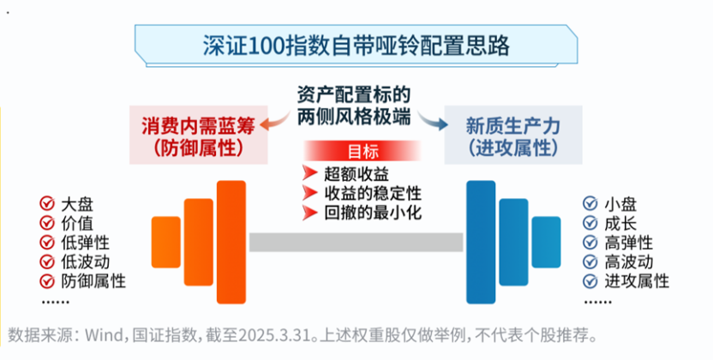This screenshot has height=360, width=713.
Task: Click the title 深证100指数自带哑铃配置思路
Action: click(x=356, y=45)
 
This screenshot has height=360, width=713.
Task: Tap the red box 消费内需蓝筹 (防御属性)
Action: click(x=198, y=135)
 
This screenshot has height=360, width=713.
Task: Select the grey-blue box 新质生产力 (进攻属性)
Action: click(x=513, y=135)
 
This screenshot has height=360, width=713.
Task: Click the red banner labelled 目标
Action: click(x=362, y=152)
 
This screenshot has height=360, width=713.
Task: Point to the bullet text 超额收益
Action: click(x=356, y=174)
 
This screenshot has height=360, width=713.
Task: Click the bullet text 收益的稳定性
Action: click(x=373, y=193)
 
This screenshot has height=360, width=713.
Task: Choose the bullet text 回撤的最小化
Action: click(x=373, y=213)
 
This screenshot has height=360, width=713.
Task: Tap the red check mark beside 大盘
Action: click(x=47, y=204)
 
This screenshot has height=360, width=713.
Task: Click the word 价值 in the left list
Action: click(x=77, y=223)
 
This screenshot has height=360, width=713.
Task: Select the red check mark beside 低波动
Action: click(x=47, y=261)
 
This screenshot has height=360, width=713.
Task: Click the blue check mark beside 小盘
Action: click(x=590, y=204)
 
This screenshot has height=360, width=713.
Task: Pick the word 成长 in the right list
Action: click(x=620, y=223)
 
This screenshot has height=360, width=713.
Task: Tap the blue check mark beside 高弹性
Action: click(x=590, y=243)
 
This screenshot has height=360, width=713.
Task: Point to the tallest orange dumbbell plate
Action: click(x=231, y=243)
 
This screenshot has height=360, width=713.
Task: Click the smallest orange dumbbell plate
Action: click(x=166, y=243)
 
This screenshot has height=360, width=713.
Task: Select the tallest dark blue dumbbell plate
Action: click(x=481, y=243)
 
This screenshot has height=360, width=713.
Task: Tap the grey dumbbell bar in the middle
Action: click(x=356, y=243)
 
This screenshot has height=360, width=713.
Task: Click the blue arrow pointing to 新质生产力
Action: click(x=433, y=120)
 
